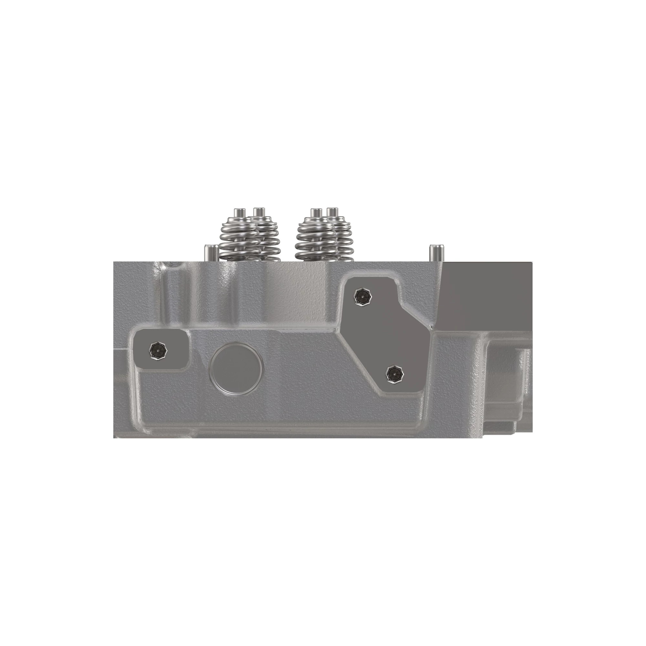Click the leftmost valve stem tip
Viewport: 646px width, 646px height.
click(238, 212)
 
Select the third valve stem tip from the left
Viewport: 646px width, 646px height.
click(315, 212)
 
